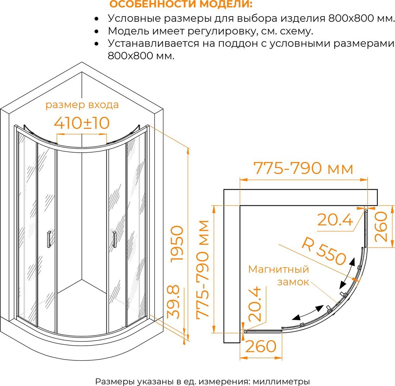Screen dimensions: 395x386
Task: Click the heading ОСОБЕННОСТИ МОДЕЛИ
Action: pyautogui.click(x=181, y=4)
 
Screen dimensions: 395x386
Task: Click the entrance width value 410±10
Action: pyautogui.click(x=82, y=123)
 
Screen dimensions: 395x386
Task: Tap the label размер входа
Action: pyautogui.click(x=82, y=105)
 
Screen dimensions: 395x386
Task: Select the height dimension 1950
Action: pyautogui.click(x=177, y=244)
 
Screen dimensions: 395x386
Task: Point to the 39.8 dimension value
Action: pyautogui.click(x=173, y=302)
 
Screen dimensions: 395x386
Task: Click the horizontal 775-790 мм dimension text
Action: pyautogui.click(x=303, y=168)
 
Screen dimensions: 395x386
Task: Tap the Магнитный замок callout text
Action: pyautogui.click(x=279, y=275)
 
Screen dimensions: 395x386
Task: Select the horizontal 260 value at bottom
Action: pyautogui.click(x=261, y=346)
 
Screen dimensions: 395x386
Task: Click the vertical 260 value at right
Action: pyautogui.click(x=381, y=227)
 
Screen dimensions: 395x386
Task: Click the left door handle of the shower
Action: pyautogui.click(x=48, y=239)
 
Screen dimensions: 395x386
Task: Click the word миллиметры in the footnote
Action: pyautogui.click(x=281, y=381)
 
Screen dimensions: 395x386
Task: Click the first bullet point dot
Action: pyautogui.click(x=96, y=19)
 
